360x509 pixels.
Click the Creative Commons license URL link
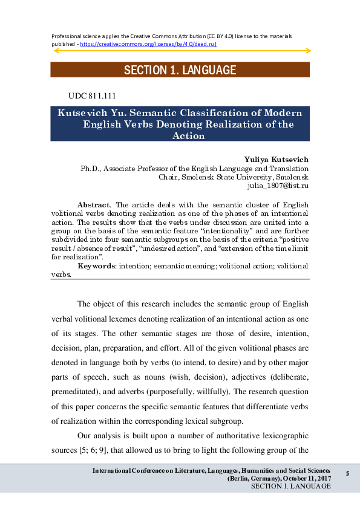[148, 44]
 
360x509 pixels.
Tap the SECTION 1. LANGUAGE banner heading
[180, 70]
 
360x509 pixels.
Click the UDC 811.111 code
[93, 96]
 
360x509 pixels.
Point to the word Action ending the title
[188, 136]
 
